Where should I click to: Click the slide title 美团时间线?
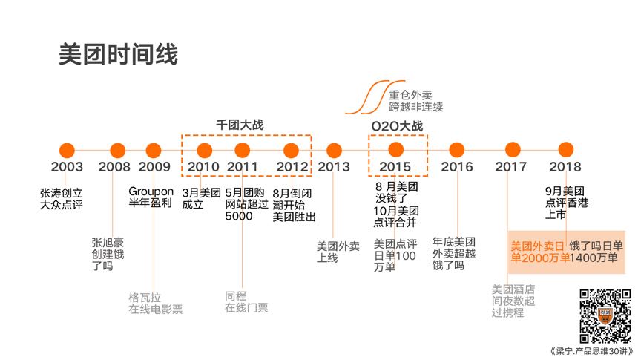coord(118,54)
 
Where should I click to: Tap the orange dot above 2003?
coord(67,151)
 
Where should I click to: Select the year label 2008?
coord(114,167)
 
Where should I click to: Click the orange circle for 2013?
coord(334,151)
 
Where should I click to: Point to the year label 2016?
coord(456,167)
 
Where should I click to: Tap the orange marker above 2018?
coord(566,150)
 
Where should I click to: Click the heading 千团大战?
coord(240,125)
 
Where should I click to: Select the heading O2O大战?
coord(397,126)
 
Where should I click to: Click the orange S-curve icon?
coord(375,97)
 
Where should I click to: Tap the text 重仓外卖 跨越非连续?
coord(415,101)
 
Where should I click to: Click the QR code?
coord(605,316)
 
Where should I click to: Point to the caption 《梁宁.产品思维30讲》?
coord(592,351)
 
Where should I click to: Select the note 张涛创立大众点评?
coord(62,198)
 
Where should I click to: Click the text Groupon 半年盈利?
coord(151,197)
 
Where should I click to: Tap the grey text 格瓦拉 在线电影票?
coord(155,303)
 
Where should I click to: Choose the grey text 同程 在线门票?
coord(246,301)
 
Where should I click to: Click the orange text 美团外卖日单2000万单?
coord(540,252)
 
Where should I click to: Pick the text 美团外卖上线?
coord(338,252)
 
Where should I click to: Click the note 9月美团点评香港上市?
coord(567,203)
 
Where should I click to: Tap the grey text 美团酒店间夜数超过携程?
coord(513,301)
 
